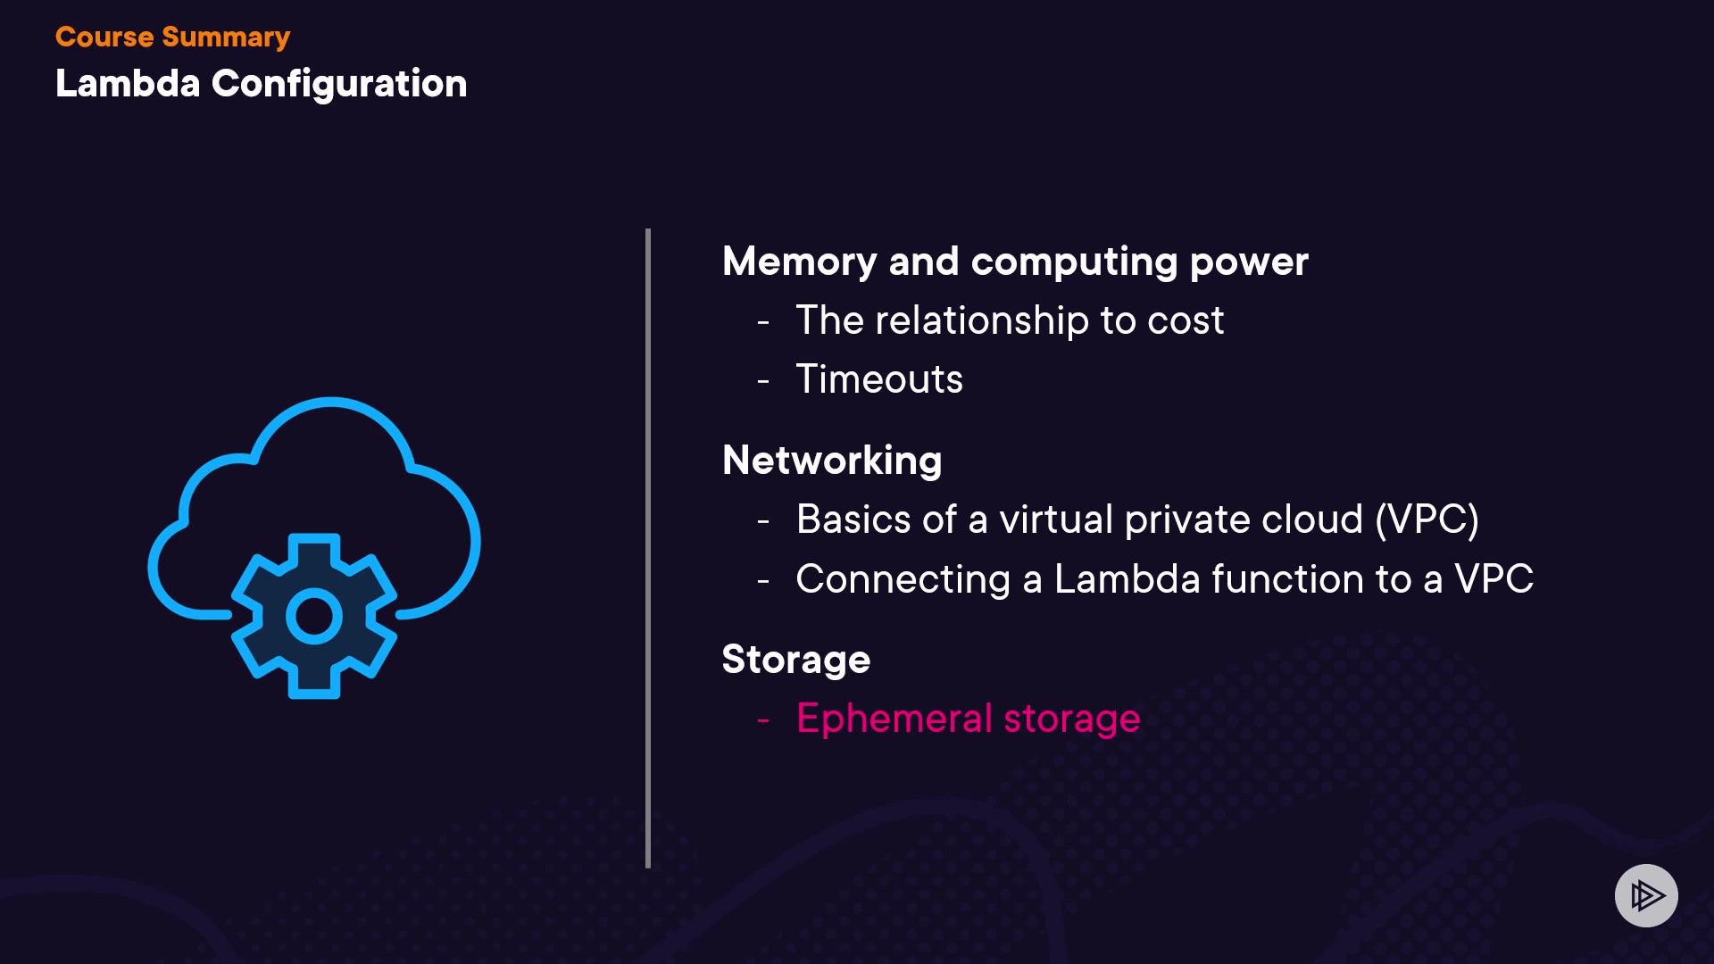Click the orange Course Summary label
172,37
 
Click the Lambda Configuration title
261,84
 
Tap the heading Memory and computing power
1015,262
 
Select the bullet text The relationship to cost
1009,320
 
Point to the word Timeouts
879,379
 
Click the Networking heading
832,461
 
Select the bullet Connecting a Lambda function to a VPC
1164,579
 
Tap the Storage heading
795,660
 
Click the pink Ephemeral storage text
968,719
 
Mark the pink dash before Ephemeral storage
763,719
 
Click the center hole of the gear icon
314,616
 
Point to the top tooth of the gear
314,546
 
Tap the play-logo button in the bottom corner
1646,895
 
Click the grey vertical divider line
648,548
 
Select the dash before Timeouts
763,381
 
